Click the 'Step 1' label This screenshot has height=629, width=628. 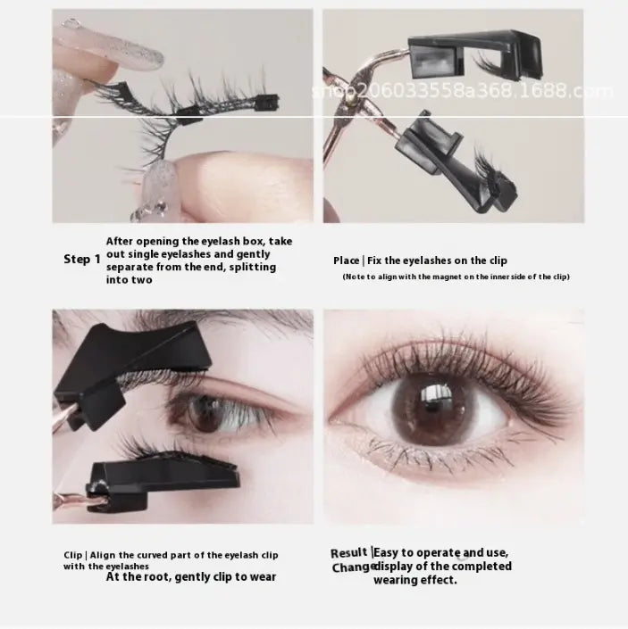[x=81, y=260]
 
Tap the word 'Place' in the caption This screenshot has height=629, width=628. [x=347, y=261]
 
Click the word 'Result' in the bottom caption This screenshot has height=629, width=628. [x=349, y=553]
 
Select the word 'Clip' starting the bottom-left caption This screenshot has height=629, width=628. [x=73, y=555]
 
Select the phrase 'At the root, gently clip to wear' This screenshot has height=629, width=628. [x=191, y=577]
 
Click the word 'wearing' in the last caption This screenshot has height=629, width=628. [x=398, y=580]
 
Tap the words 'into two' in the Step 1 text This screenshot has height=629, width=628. [x=130, y=279]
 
